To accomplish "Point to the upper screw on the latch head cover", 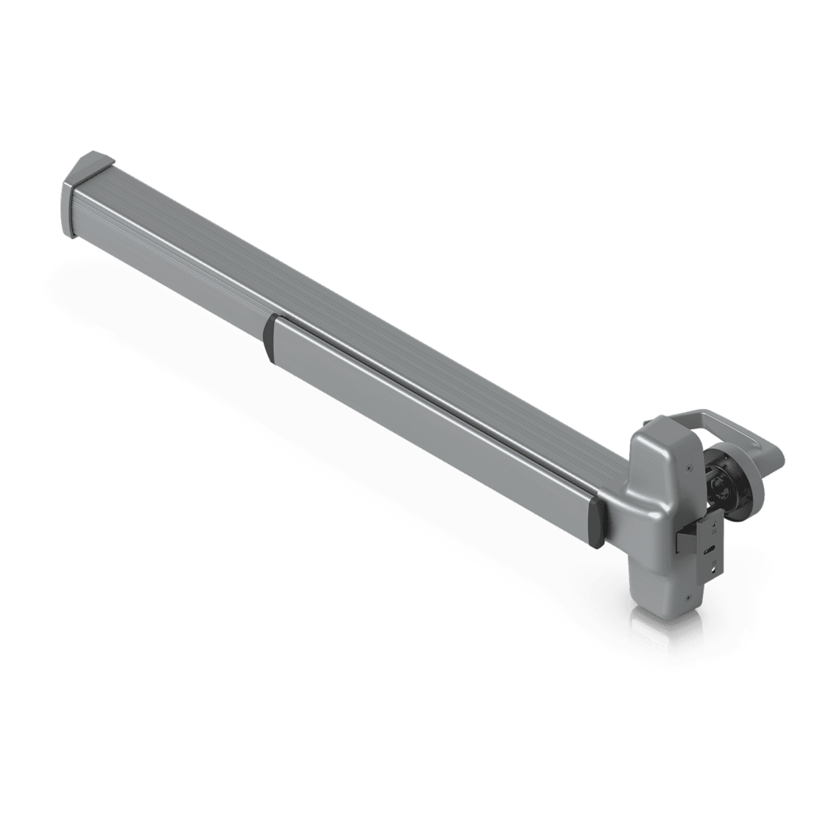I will (x=688, y=468).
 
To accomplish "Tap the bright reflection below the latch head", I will (x=659, y=629).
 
